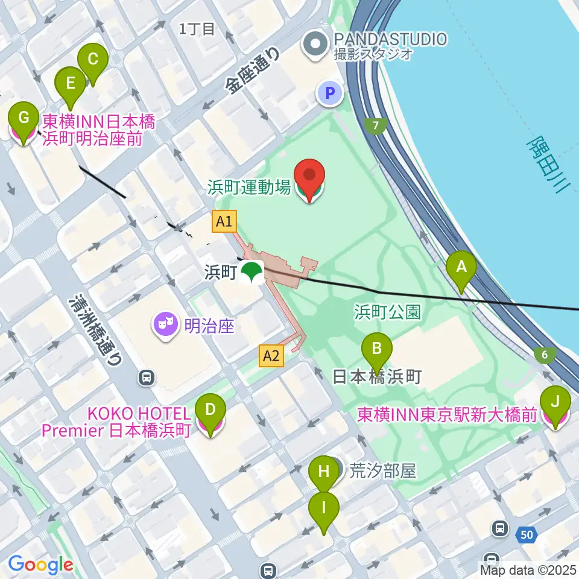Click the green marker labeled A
click(x=461, y=268)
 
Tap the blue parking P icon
click(x=330, y=93)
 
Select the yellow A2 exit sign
click(x=271, y=356)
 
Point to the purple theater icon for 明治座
click(x=165, y=326)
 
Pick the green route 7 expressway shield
click(x=376, y=126)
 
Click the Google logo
click(x=40, y=565)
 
